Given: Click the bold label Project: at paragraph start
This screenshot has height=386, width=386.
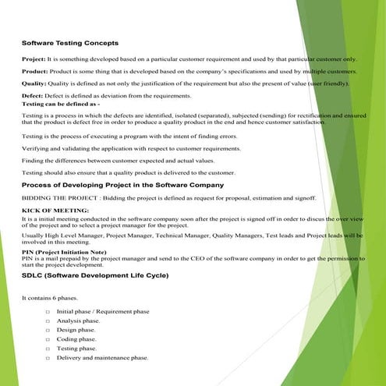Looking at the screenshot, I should point(34,58).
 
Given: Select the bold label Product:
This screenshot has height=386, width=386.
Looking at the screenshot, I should point(34,71).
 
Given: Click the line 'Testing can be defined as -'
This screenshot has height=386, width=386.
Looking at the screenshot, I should point(60,103).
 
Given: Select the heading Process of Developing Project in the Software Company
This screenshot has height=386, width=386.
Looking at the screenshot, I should point(122,185).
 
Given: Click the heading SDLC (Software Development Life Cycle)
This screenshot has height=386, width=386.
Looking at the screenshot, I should point(105,275).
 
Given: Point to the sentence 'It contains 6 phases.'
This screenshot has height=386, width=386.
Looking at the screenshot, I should point(48,298).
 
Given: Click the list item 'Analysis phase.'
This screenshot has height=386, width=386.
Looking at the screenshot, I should point(78,320).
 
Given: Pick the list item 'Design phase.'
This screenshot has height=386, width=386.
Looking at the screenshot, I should point(76,330).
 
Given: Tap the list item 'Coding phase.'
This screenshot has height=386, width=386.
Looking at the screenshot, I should point(76,339).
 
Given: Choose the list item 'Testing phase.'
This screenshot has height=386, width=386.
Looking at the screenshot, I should point(77,348).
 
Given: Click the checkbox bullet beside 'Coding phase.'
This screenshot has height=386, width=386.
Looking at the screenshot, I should point(48,339).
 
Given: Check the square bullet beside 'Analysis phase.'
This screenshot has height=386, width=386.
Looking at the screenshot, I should point(48,320).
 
